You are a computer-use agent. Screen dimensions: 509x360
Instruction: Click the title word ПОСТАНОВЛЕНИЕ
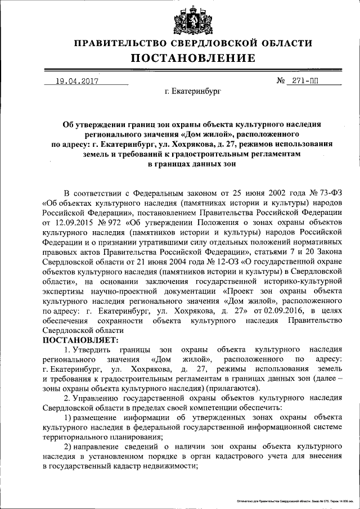(193, 58)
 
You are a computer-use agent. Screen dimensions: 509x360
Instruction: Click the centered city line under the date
(193, 91)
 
